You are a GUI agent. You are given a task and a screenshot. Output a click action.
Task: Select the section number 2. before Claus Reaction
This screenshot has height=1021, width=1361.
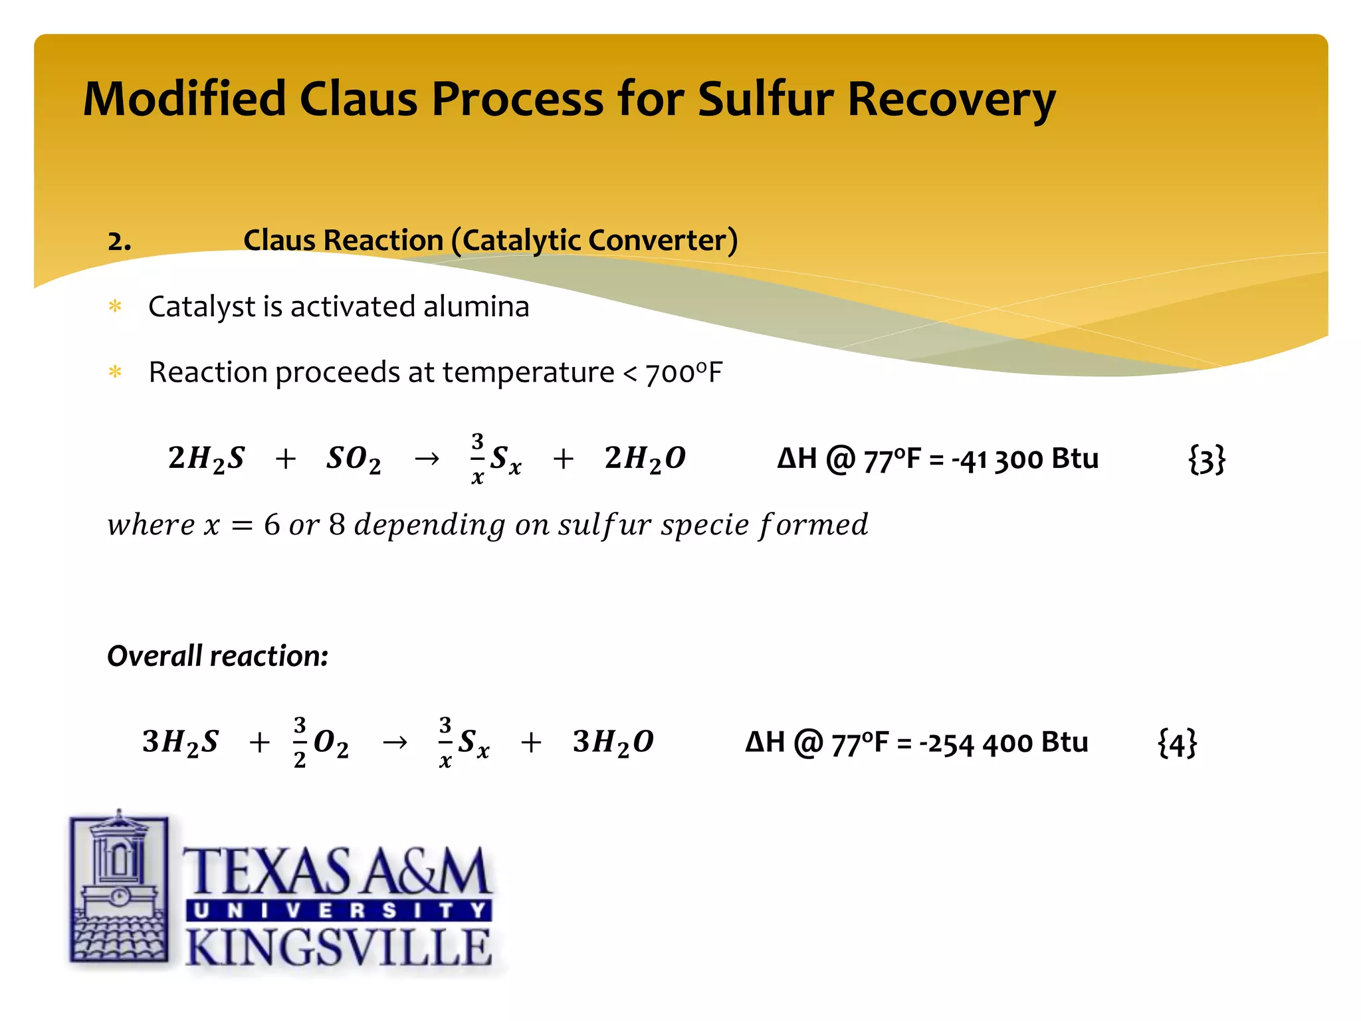point(119,241)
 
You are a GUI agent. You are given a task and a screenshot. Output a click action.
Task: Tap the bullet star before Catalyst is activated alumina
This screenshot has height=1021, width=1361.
point(116,306)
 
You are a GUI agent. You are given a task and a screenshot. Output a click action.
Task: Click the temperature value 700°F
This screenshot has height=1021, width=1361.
point(683,373)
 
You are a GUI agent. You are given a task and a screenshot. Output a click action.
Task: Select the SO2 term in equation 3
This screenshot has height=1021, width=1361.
point(354,459)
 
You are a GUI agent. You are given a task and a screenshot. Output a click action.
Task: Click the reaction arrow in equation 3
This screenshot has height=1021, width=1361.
point(427,459)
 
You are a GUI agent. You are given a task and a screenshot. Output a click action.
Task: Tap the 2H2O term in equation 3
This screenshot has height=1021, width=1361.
point(645,459)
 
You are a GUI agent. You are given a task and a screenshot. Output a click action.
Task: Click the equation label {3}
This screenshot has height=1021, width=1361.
point(1206,459)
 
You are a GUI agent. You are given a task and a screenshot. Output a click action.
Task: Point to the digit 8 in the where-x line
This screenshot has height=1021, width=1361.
point(337,525)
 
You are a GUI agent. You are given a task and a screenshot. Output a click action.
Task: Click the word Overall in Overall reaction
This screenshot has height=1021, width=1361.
point(154,656)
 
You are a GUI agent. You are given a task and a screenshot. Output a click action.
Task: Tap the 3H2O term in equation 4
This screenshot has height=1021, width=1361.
point(613,742)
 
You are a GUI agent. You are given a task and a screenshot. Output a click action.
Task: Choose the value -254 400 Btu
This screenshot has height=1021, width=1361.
point(1003,743)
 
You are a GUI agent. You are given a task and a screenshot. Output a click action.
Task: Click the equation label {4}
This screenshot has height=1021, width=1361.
point(1177,743)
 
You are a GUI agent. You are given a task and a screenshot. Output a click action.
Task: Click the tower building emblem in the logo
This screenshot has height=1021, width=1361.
point(119,887)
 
